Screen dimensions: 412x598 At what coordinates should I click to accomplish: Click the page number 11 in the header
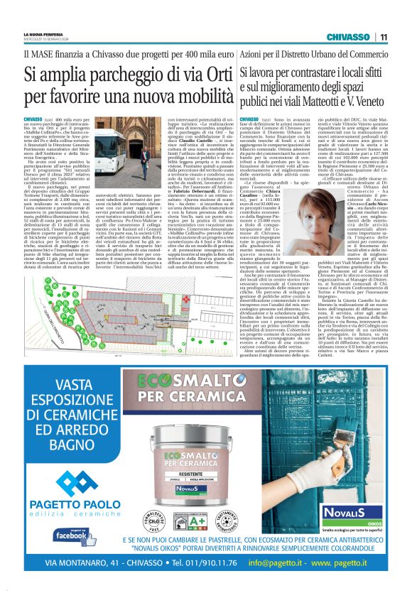click(383, 37)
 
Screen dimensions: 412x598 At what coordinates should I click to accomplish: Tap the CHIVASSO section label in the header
click(347, 37)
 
